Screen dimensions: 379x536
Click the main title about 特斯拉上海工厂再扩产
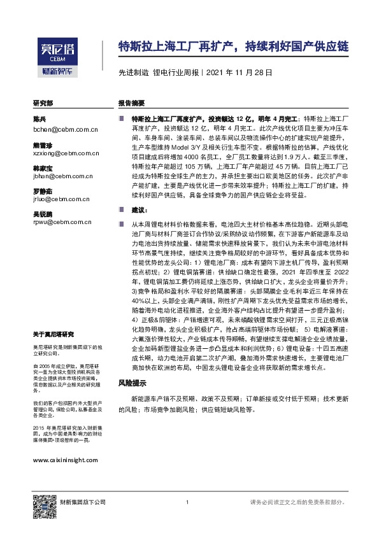(x=234, y=46)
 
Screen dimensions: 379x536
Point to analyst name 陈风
(x=39, y=120)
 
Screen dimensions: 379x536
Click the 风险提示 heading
(x=132, y=384)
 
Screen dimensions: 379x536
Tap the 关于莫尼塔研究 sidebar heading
(x=53, y=334)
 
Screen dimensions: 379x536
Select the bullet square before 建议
(x=122, y=209)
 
